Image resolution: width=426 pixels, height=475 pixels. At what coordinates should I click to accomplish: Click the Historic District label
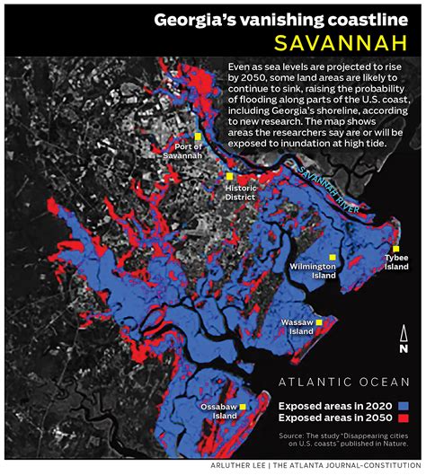[241, 192]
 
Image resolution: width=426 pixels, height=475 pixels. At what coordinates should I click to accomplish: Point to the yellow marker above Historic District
[229, 177]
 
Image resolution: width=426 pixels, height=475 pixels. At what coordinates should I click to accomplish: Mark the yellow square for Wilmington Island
[333, 258]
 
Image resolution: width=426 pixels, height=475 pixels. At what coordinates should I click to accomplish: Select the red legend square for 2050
[405, 418]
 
